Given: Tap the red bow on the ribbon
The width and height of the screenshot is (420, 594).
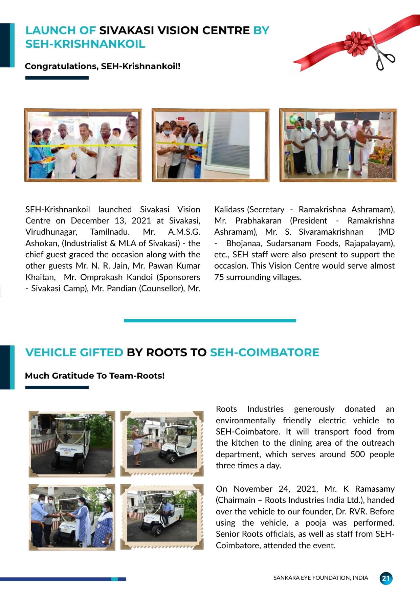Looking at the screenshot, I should [356, 42].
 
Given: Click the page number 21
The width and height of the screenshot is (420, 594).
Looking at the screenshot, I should [385, 578].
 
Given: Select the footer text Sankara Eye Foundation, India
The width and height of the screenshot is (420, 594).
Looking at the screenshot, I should [320, 578].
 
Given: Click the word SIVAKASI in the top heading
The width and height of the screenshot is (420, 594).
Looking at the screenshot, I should [126, 30].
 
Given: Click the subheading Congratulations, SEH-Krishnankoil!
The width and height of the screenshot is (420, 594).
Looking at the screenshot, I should [103, 66].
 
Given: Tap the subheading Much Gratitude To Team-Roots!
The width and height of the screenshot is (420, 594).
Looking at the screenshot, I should [95, 376].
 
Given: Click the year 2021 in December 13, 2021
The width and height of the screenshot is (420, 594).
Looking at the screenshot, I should [141, 221].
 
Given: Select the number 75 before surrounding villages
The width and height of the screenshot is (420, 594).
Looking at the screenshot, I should [219, 277].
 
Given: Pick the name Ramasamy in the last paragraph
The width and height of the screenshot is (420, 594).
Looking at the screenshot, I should [375, 489].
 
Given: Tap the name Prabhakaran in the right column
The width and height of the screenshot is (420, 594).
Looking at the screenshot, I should [258, 221].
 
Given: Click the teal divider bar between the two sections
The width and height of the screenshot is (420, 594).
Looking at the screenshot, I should [210, 320].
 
